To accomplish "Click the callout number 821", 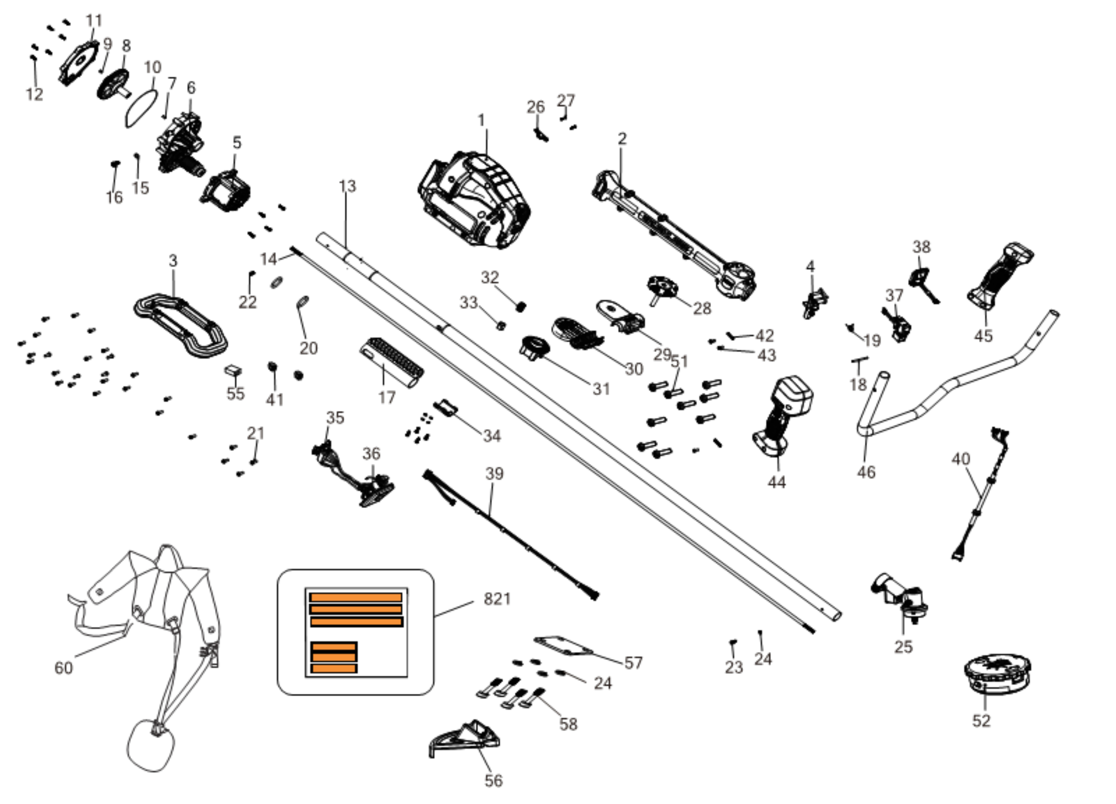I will point(497,599).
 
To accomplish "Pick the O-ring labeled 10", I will point(142,108).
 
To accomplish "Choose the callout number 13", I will point(348,186).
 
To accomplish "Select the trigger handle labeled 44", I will point(783,418).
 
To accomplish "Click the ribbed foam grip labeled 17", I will point(391,363).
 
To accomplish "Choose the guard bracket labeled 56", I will point(465,738).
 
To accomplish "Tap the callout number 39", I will point(494,473).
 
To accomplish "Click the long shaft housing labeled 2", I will point(674,236).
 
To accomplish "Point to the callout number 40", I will point(960,459).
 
